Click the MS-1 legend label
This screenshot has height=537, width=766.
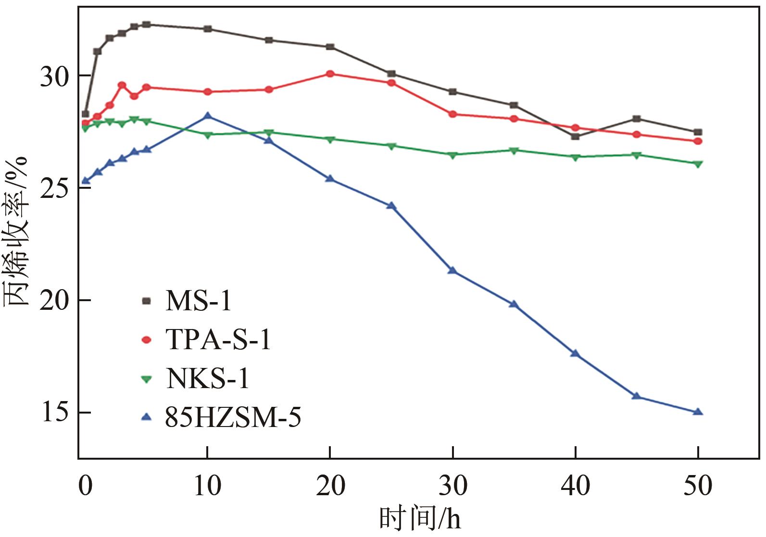click(198, 301)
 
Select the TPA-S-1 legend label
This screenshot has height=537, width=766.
click(218, 340)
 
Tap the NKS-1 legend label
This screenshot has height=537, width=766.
click(208, 378)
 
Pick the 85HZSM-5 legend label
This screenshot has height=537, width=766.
click(233, 417)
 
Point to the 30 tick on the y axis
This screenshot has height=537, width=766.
click(55, 76)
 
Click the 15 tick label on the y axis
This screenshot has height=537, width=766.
click(55, 413)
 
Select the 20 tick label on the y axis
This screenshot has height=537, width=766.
click(55, 301)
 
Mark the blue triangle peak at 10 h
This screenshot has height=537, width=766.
click(208, 116)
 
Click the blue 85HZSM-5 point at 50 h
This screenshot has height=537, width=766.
click(698, 412)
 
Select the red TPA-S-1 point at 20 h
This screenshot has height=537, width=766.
click(330, 74)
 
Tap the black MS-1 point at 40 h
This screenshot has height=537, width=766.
click(575, 136)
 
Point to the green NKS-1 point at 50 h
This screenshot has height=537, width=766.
click(698, 164)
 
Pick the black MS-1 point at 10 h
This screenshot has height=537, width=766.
click(208, 29)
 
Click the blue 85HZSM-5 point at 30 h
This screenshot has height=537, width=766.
click(452, 271)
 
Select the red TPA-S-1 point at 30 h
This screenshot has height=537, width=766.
click(452, 114)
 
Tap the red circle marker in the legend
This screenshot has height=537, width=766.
click(147, 340)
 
